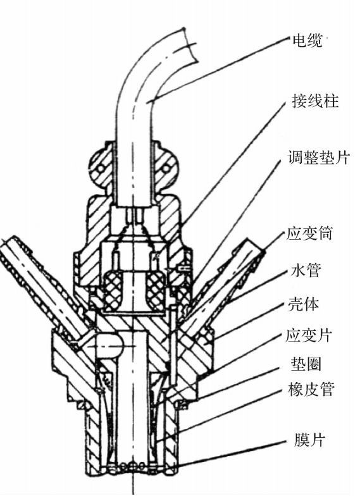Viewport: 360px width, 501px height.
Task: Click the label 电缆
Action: click(307, 41)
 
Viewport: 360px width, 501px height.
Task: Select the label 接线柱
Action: click(315, 101)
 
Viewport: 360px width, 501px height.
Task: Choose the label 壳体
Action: click(304, 304)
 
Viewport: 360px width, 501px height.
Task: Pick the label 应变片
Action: click(309, 335)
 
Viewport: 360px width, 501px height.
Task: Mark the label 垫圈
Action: click(306, 364)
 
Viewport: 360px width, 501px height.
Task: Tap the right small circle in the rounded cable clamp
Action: click(166, 168)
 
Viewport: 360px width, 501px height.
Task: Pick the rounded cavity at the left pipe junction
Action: click(109, 344)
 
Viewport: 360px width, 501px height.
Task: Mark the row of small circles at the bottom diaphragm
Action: click(133, 466)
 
